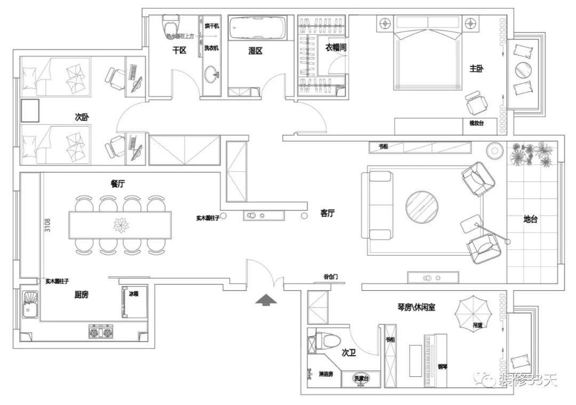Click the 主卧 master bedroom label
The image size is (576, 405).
point(476,69)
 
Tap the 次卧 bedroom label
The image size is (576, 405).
point(81,117)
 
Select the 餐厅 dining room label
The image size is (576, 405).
point(117,184)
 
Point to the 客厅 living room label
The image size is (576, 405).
point(327,213)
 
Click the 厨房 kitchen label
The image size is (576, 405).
point(81,293)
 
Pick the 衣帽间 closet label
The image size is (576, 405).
point(336,47)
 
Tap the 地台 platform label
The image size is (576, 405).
point(530,219)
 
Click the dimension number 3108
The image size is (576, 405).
point(47,225)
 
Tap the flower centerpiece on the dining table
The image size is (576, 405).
point(121,225)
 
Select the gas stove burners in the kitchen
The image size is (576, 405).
point(101,333)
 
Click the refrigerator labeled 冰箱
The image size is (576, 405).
point(134,302)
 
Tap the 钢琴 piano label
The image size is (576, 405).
point(442,366)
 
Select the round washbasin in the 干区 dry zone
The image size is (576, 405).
point(212,74)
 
